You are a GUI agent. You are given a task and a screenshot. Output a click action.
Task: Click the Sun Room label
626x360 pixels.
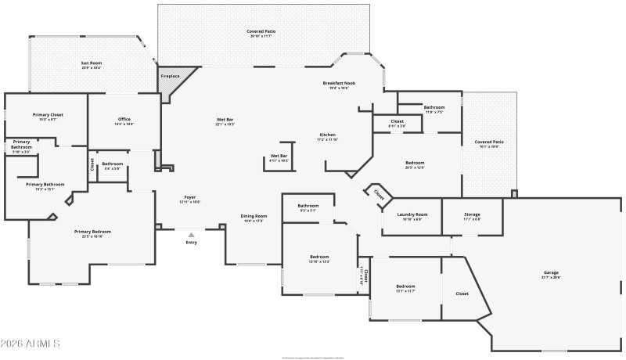click(x=91, y=63)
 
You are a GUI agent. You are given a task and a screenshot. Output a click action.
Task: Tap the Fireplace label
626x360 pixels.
click(x=170, y=76)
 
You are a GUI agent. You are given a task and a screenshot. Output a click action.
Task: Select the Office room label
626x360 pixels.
click(x=124, y=119)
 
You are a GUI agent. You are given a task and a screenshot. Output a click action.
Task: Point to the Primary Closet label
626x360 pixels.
click(x=48, y=114)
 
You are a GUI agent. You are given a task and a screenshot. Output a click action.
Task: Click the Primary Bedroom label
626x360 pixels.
click(x=92, y=232)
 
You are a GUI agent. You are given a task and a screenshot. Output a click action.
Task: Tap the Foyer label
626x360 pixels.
click(x=190, y=196)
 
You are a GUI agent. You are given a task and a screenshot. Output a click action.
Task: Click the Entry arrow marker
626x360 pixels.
click(x=191, y=234)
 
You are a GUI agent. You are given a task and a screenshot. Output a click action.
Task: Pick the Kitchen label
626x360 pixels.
click(x=327, y=135)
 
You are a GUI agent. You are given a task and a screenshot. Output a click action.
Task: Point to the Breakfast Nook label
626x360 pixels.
click(x=339, y=83)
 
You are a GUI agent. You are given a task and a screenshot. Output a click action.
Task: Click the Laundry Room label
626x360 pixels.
click(x=412, y=214)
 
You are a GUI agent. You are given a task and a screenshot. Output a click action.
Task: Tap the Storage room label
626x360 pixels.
click(x=472, y=214)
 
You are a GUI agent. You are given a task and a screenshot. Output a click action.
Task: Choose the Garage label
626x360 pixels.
click(x=551, y=272)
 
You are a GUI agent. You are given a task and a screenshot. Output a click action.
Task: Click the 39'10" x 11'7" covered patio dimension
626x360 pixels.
click(x=262, y=36)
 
